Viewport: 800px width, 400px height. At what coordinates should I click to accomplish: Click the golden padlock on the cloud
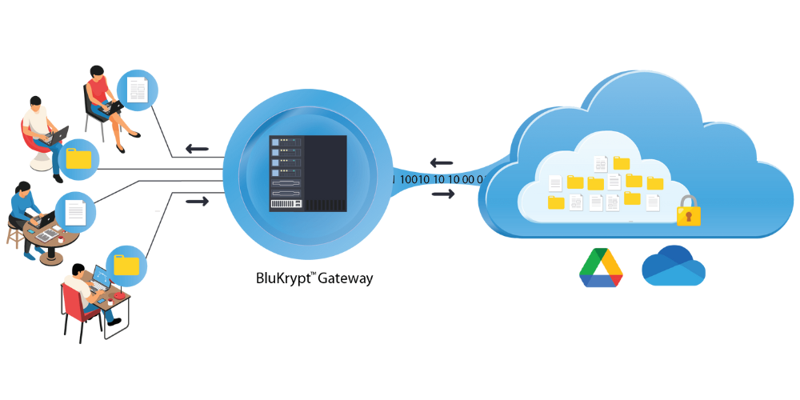point(688,212)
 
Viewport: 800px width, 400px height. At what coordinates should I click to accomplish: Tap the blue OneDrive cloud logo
point(673,266)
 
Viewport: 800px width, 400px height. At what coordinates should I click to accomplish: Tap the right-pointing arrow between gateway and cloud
point(442,195)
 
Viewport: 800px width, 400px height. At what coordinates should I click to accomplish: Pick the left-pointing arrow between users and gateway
point(197,148)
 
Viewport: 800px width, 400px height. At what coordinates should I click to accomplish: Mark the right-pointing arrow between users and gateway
point(197,201)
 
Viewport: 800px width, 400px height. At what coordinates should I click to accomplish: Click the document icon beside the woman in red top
point(138,89)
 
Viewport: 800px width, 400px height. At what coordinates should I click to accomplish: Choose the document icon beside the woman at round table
point(76,212)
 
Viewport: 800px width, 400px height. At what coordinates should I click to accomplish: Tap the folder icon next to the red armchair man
point(78,158)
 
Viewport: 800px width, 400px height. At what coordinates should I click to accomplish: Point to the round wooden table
point(56,236)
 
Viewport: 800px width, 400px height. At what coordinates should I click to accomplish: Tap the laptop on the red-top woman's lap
point(114,105)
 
